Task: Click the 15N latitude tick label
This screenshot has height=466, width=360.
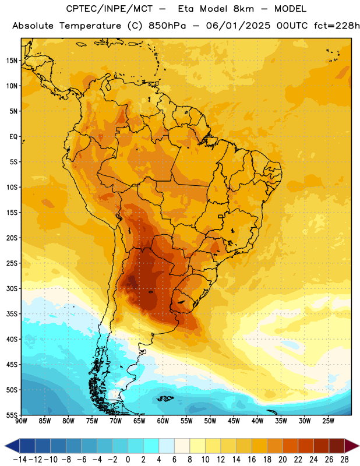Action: click(x=12, y=61)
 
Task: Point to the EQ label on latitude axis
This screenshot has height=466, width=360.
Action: click(x=13, y=137)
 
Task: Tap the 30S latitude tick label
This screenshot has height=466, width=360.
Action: click(x=12, y=288)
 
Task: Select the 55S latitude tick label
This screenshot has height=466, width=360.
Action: click(x=12, y=415)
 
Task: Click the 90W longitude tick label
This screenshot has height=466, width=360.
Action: click(x=21, y=421)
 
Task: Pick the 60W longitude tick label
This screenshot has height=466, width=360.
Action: click(x=163, y=421)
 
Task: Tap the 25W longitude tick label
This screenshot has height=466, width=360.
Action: click(x=328, y=421)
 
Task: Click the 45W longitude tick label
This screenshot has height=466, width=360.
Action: click(x=234, y=421)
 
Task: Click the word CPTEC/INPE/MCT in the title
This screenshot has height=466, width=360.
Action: click(x=110, y=9)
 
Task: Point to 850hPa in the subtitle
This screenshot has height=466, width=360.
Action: click(x=167, y=26)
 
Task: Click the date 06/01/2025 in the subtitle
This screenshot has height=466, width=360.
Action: click(x=238, y=26)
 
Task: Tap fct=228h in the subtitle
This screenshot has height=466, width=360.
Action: click(x=337, y=26)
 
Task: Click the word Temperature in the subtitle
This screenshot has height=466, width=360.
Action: click(x=90, y=26)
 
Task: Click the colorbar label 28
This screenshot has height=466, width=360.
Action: click(x=344, y=460)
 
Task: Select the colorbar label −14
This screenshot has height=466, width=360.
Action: click(x=20, y=460)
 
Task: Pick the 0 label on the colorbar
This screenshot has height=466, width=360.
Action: click(x=128, y=460)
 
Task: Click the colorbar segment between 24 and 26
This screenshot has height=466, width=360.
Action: click(x=322, y=446)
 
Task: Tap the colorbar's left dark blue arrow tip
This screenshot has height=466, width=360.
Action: click(x=5, y=446)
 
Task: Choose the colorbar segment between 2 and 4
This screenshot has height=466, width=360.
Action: click(x=151, y=446)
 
